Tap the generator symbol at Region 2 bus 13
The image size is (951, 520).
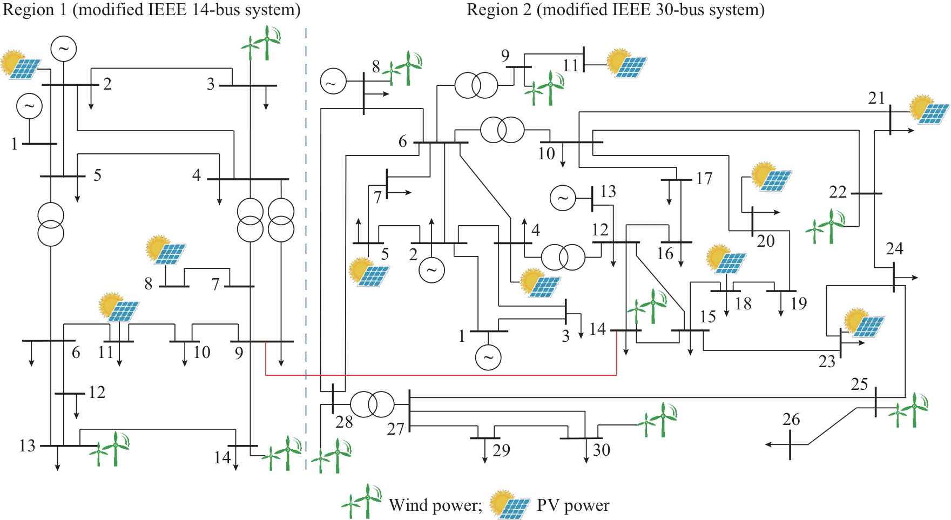pos(563,198)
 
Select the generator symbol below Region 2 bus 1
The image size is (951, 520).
pos(488,357)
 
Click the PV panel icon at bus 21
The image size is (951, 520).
pos(929,110)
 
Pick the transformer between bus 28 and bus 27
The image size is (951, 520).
pos(373,404)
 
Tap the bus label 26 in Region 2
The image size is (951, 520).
pos(791,420)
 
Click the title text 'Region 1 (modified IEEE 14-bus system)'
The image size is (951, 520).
pos(152,10)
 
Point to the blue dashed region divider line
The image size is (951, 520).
pos(306,243)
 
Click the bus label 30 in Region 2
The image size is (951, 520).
pos(601,450)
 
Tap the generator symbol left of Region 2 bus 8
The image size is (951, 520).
pos(333,82)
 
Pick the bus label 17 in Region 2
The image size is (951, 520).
pos(704,178)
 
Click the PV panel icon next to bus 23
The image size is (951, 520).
pos(864,323)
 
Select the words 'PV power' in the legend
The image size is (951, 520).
pos(573,505)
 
